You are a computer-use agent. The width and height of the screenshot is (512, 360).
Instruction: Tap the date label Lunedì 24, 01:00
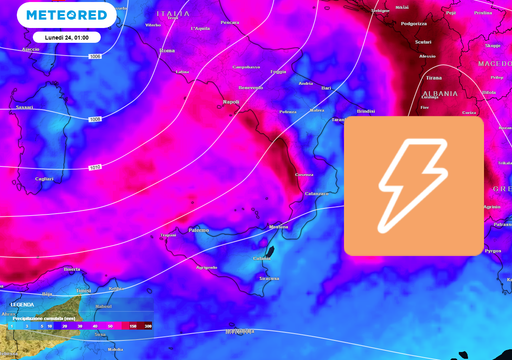pos(66,37)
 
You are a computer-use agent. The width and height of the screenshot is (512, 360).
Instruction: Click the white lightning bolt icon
pos(413,185)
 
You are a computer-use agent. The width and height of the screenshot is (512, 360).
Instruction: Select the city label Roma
pos(167,50)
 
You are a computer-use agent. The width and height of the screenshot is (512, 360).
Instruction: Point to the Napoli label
pos(231,101)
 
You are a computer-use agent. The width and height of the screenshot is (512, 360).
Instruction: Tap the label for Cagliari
pos(44,179)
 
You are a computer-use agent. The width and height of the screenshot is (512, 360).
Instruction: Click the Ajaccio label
pos(30,49)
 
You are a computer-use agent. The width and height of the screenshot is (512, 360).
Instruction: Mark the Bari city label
pos(325,88)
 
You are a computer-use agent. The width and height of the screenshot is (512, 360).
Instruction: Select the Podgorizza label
pos(413,23)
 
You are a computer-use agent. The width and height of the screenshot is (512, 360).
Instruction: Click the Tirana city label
pos(433,77)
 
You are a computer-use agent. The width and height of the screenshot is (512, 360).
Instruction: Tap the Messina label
pos(279,227)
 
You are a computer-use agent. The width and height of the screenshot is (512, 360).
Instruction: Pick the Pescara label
pos(230,22)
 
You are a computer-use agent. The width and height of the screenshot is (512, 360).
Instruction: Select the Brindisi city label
pos(366,111)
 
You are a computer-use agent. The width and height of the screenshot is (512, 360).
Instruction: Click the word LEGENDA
pos(23,304)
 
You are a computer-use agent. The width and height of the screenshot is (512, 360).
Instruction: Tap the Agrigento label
pos(207,267)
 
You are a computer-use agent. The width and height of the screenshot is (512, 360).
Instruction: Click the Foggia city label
pos(277,72)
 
